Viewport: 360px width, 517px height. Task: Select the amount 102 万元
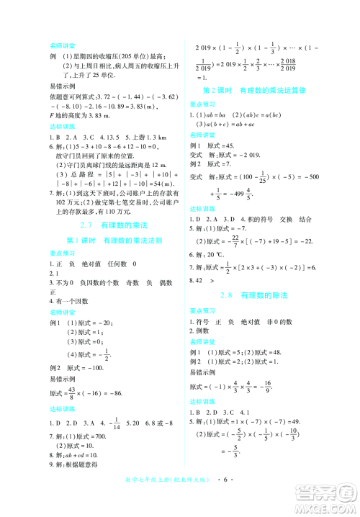[64, 202]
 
